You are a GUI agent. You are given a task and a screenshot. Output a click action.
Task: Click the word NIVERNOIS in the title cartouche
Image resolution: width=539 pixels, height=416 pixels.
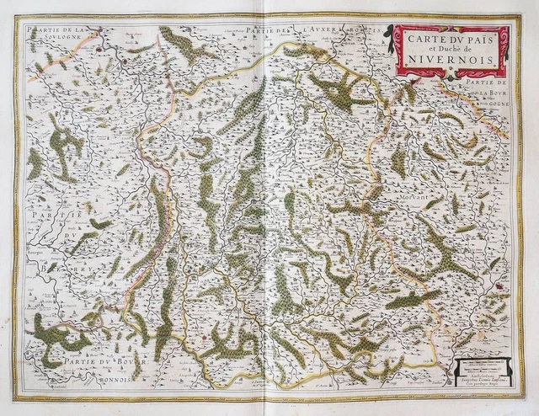tap(451, 61)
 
